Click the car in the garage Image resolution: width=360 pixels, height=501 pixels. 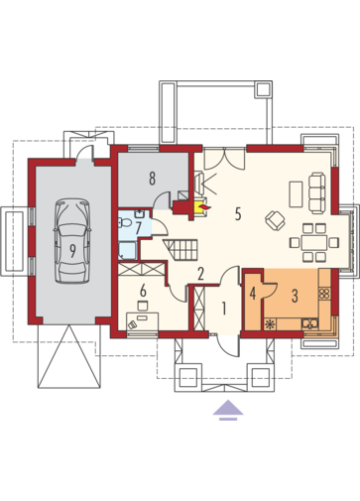72,241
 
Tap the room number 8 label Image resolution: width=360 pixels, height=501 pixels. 152,179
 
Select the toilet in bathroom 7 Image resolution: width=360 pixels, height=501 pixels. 125,222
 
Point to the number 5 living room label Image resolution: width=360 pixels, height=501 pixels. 238,214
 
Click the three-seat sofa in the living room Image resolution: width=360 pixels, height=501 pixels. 316,193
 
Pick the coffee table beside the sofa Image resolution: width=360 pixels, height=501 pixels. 296,193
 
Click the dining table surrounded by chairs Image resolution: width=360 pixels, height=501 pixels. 314,242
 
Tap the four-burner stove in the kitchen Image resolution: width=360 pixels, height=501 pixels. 324,294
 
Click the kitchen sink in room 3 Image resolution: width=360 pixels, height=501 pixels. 309,323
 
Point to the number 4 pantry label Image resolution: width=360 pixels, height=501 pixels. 253,294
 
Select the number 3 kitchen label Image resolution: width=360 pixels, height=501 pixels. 295,296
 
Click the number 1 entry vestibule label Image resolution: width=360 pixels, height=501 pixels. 224,309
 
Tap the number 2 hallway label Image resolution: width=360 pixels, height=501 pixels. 200,274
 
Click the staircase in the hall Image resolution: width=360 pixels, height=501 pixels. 180,250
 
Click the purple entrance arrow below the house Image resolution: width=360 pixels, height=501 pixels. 228,410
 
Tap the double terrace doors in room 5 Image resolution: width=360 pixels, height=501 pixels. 225,159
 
